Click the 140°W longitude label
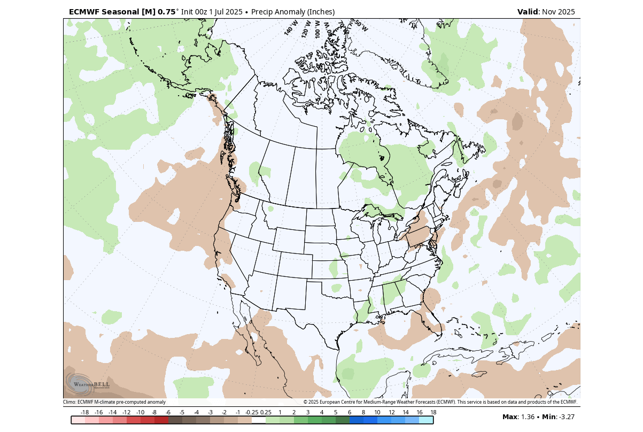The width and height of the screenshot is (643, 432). (x=291, y=28)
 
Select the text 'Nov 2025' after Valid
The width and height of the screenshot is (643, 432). (x=559, y=12)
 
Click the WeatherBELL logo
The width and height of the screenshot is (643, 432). (x=88, y=383)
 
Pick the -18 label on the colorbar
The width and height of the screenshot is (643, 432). (x=84, y=412)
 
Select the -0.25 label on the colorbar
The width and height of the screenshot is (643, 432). (x=251, y=412)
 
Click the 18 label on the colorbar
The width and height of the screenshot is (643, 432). (x=433, y=412)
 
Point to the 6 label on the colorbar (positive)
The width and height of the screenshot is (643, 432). (x=350, y=412)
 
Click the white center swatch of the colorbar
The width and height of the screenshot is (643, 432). (x=259, y=420)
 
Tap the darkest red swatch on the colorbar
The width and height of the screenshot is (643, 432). (x=161, y=420)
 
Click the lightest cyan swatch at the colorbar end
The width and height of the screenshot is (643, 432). (x=426, y=420)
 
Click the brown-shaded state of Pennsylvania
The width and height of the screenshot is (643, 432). (x=419, y=236)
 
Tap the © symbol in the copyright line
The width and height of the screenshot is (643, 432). (x=306, y=402)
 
